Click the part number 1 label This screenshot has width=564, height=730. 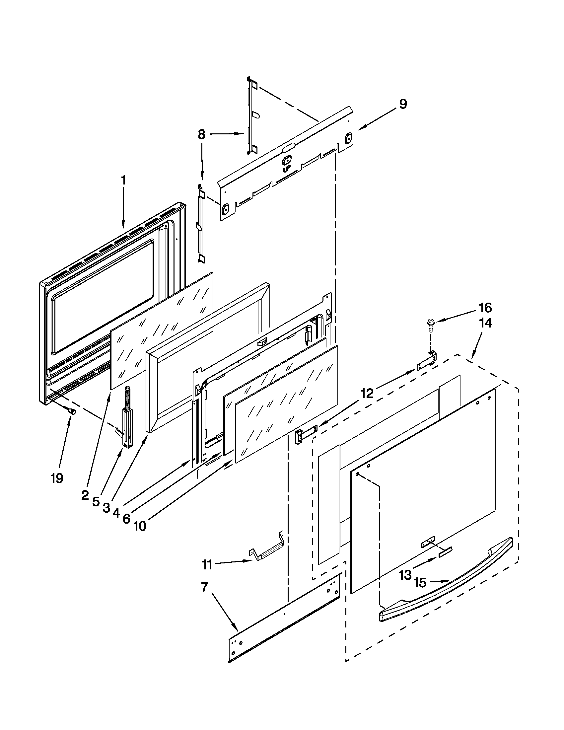coord(123,180)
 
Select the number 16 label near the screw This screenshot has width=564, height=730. coord(485,307)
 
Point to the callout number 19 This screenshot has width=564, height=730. coord(57,478)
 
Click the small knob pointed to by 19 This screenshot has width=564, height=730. coord(72,412)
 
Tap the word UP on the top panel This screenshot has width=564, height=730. coord(286,169)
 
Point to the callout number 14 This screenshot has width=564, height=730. coord(486,323)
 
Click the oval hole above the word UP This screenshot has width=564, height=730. coord(287,161)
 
